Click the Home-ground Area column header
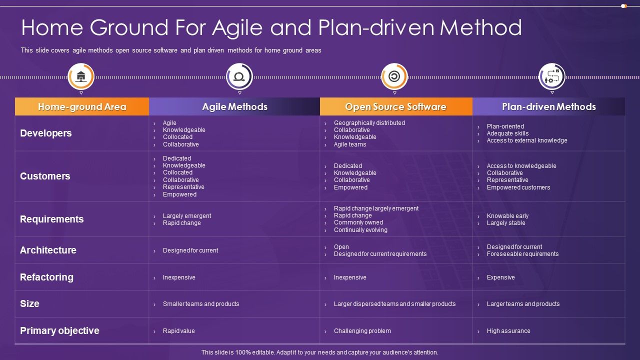point(82,106)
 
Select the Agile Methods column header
point(234,106)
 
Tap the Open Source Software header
point(395,106)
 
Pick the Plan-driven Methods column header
point(548,106)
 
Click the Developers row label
point(46,133)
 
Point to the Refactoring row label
point(46,277)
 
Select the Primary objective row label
point(59,330)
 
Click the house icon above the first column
point(81,76)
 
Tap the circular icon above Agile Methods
point(239,76)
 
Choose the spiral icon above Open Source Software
point(394,76)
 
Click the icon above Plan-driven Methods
point(552,76)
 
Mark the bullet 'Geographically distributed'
point(369,123)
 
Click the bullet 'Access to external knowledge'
point(526,140)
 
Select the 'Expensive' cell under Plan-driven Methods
point(500,277)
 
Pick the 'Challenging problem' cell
point(362,331)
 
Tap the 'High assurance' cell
point(508,331)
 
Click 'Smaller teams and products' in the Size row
point(200,304)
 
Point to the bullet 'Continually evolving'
point(360,230)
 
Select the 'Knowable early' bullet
point(507,216)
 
